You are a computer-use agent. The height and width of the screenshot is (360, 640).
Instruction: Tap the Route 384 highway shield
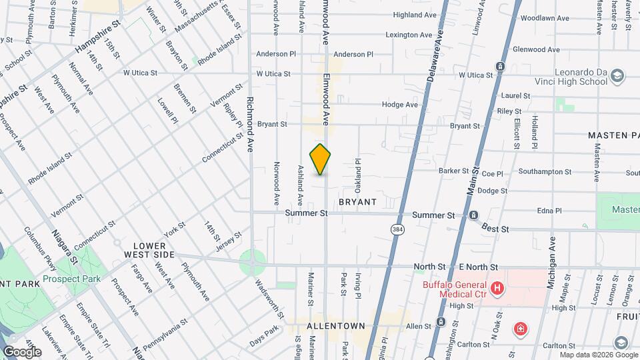point(396,229)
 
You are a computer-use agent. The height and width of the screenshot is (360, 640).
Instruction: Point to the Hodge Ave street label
point(400,105)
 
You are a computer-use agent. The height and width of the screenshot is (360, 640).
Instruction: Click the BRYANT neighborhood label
point(357,201)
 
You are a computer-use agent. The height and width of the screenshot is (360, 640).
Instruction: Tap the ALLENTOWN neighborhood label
point(336,326)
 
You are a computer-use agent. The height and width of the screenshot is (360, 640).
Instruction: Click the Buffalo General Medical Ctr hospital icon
point(497,288)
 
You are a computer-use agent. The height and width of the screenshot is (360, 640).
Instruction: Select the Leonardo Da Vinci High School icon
point(617,75)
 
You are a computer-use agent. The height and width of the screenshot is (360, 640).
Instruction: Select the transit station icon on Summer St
point(473,215)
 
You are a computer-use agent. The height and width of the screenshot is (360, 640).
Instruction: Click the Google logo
point(22,351)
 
